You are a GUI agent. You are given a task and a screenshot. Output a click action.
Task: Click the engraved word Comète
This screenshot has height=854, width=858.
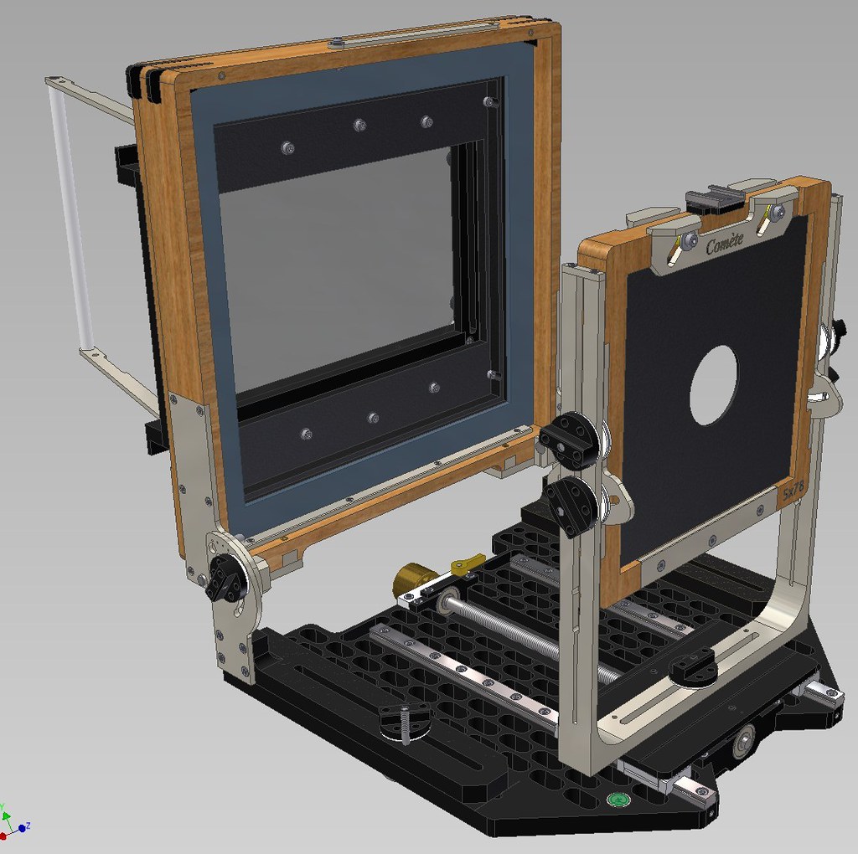tap(725, 245)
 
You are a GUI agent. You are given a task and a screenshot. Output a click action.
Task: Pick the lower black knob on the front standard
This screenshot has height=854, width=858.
tap(573, 506)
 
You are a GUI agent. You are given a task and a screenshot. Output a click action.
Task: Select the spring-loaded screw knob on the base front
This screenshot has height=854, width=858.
tap(404, 721)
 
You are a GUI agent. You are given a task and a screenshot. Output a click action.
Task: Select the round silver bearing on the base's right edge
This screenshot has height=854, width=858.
tap(742, 741)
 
